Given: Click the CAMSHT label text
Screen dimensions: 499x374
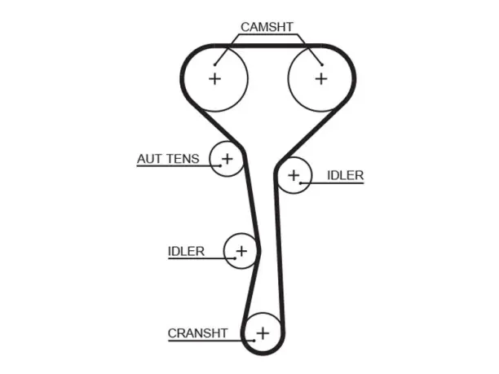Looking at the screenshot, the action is (x=267, y=27).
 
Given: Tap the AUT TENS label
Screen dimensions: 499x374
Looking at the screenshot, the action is (x=168, y=159).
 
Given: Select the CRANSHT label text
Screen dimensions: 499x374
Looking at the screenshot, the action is (x=197, y=333).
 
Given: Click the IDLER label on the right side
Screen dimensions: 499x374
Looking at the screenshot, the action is (x=345, y=175).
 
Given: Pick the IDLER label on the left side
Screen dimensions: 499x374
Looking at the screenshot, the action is (x=186, y=251).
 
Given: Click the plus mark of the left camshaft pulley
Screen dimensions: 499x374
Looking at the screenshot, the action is (x=214, y=78).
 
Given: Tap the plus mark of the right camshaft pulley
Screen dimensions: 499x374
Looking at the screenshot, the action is (x=321, y=78).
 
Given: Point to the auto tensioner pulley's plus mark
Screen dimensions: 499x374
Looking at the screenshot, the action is (x=227, y=158).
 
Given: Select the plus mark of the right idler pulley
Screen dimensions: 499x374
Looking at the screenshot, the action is (x=294, y=175).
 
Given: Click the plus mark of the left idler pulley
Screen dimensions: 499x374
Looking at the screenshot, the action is (x=241, y=251).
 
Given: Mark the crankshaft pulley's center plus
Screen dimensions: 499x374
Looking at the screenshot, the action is (x=263, y=333).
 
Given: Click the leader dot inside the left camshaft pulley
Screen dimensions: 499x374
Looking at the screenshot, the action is (x=214, y=65).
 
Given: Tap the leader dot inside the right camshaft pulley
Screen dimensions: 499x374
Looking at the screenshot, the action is (x=322, y=65).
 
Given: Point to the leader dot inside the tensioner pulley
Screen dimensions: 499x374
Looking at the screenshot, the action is (x=220, y=165).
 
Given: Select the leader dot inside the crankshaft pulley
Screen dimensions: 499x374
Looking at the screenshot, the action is (x=254, y=341).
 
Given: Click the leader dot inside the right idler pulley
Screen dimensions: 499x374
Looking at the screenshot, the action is (x=300, y=183).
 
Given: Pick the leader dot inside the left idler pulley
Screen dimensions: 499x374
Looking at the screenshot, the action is (x=235, y=258).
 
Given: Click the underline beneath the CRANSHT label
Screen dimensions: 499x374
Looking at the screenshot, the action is (x=211, y=341).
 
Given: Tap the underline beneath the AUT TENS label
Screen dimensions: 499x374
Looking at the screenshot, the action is (x=179, y=165).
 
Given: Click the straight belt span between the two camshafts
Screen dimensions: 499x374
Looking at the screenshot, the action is (x=268, y=46).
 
